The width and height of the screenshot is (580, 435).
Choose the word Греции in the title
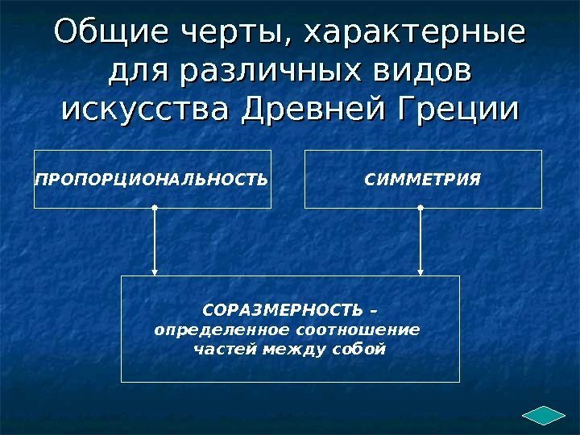tap(466, 108)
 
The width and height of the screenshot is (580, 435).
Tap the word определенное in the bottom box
tap(222, 330)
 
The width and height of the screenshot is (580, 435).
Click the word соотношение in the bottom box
tap(359, 330)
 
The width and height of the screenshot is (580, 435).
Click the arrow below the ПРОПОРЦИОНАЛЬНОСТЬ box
tap(154, 242)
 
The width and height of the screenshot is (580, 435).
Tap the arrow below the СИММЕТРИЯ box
tap(420, 242)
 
